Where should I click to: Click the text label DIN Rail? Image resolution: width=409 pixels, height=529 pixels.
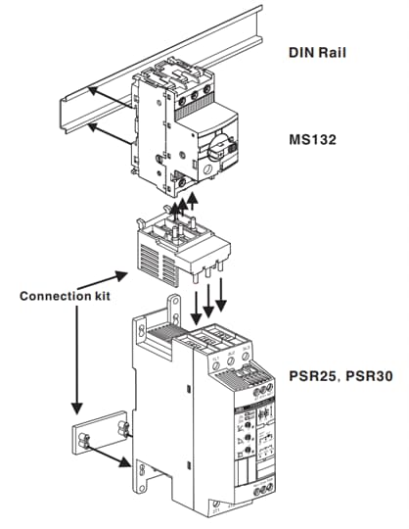coord(322,50)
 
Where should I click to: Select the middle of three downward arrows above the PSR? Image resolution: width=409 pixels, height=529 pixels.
coord(207,299)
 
